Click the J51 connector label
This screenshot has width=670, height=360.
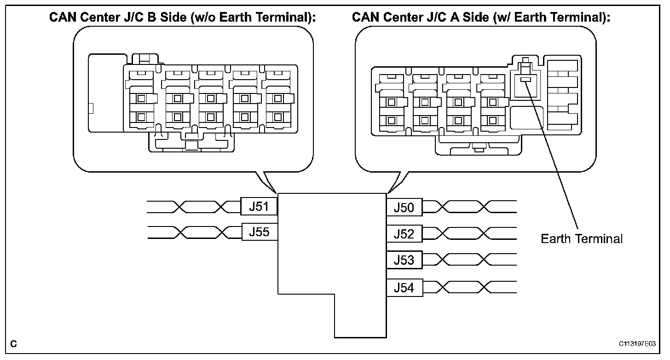click(259, 206)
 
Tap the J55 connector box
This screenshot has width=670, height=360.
click(260, 232)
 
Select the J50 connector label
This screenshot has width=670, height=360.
click(404, 207)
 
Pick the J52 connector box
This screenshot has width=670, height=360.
click(404, 233)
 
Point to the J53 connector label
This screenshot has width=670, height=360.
click(404, 260)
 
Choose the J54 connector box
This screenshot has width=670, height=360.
click(404, 288)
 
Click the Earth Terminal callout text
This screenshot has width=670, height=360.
click(582, 238)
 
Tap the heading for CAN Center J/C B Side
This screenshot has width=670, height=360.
click(182, 17)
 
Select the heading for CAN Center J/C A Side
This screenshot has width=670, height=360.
click(481, 17)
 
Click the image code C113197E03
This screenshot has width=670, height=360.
click(637, 343)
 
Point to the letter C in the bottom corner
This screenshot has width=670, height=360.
click(13, 343)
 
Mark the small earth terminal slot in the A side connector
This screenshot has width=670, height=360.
click(526, 79)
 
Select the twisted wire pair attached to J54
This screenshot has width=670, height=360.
click(469, 287)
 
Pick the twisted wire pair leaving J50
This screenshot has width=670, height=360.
click(469, 207)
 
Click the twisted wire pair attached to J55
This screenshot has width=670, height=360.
click(195, 232)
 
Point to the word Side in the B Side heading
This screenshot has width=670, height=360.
click(173, 17)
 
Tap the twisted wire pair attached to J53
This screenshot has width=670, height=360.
click(469, 259)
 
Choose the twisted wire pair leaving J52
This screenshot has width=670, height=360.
click(469, 233)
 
